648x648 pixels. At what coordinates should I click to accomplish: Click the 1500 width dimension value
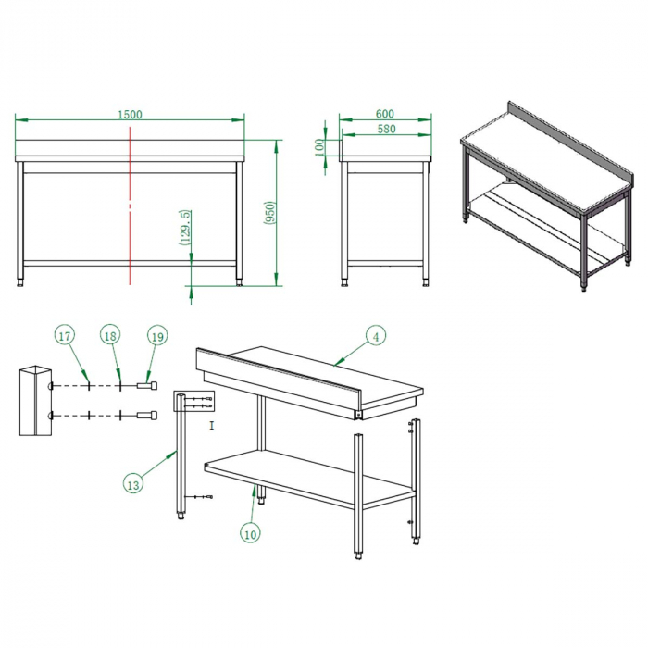[130, 115]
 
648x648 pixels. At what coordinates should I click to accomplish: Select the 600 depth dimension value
[385, 113]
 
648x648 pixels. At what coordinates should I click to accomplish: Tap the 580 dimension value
[386, 129]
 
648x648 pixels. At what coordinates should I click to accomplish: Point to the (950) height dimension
[269, 213]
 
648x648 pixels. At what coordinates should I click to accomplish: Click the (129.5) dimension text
[185, 228]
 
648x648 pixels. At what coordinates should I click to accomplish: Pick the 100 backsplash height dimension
[319, 147]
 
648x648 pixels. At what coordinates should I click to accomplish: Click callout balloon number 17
[65, 335]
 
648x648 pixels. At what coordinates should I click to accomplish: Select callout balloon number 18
[110, 335]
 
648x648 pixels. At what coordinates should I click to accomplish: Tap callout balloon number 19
[157, 336]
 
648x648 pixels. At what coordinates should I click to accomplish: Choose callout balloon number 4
[376, 337]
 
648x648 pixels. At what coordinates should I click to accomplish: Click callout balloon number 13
[133, 484]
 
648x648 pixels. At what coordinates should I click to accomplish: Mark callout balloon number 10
[251, 533]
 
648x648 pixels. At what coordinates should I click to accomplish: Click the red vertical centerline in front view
[131, 206]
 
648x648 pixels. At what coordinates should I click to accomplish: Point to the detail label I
[212, 426]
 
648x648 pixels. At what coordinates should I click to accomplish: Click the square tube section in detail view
[35, 401]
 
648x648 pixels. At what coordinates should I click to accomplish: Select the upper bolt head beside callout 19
[147, 386]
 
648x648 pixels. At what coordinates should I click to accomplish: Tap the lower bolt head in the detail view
[147, 415]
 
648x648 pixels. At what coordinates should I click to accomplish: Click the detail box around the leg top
[193, 401]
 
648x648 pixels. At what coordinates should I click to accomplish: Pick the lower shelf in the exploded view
[309, 479]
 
